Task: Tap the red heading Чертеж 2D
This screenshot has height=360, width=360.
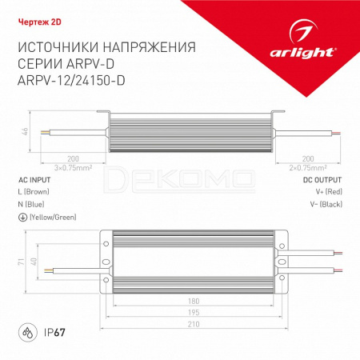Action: (40, 22)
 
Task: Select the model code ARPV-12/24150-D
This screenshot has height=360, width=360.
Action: (71, 80)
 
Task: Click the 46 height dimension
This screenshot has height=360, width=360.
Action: (25, 131)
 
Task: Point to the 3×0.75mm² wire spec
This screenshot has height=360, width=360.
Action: (73, 168)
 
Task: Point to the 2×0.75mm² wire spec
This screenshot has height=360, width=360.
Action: (308, 168)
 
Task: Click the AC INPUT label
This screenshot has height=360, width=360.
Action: (34, 180)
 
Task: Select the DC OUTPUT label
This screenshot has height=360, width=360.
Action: (322, 180)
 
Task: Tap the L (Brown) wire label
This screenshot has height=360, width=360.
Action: (34, 192)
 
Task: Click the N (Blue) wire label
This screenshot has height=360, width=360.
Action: (31, 205)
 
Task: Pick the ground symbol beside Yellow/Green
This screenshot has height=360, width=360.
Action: (22, 218)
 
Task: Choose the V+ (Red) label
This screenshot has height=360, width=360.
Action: (329, 192)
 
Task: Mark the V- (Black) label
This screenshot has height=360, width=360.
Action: (326, 205)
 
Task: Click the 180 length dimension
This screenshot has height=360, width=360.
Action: (194, 301)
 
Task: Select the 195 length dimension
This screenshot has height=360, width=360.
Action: (194, 312)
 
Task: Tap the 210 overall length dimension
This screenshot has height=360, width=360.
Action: (194, 324)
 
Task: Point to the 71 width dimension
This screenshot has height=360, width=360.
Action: (22, 262)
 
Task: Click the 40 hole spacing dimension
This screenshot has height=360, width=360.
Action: (34, 262)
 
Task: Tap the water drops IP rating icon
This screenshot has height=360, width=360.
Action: (28, 333)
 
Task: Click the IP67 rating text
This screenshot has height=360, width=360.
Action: (54, 333)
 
